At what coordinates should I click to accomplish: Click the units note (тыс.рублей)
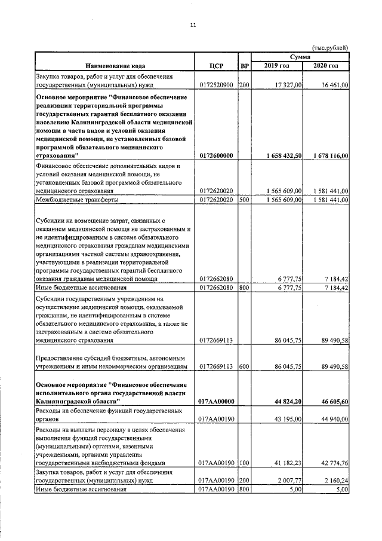click(329, 48)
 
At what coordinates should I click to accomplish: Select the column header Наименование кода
click(115, 65)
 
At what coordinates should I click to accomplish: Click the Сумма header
click(300, 56)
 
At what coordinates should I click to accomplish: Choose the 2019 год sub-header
click(277, 65)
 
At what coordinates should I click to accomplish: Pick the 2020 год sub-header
click(326, 65)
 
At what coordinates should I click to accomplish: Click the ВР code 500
click(244, 199)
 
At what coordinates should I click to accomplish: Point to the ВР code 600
click(244, 366)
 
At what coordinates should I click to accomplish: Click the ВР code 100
click(244, 463)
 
